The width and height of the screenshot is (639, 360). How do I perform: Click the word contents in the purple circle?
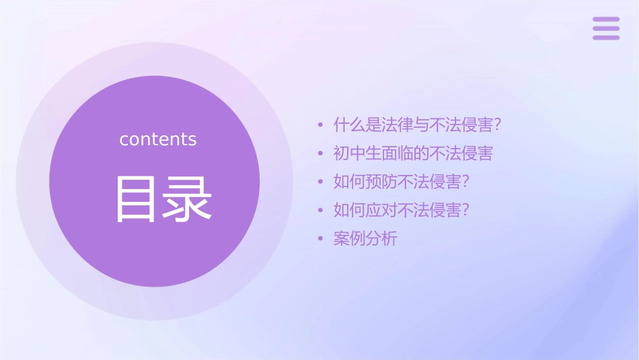158,139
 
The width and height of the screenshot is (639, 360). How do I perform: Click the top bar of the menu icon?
606,20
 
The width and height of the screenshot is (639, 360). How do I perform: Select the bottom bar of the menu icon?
606,37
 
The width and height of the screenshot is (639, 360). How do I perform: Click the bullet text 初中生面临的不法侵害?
413,153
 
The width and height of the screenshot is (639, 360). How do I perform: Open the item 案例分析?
365,239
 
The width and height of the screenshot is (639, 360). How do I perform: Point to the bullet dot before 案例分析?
321,239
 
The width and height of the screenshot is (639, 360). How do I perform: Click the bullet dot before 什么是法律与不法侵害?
321,125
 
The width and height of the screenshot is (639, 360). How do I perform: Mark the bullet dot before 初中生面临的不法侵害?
321,153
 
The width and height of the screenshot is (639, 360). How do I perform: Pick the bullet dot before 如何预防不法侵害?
321,182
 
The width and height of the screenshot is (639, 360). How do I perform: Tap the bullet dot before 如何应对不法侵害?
321,211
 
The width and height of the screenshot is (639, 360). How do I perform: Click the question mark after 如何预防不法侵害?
465,182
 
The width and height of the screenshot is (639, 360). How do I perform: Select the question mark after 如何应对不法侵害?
465,211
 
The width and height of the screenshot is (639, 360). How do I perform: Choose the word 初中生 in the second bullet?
357,153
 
